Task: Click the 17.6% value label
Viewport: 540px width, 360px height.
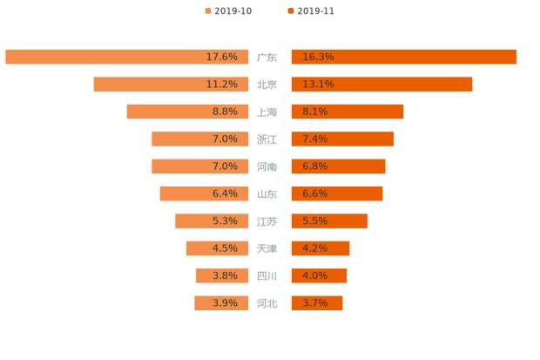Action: pyautogui.click(x=222, y=57)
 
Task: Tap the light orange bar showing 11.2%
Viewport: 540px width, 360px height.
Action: pyautogui.click(x=171, y=85)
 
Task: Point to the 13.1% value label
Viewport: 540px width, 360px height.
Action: pyautogui.click(x=318, y=85)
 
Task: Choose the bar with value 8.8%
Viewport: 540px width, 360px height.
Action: pyautogui.click(x=187, y=112)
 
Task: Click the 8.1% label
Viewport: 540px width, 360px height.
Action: pyautogui.click(x=314, y=112)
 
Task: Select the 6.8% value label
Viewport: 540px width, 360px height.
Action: pyautogui.click(x=314, y=166)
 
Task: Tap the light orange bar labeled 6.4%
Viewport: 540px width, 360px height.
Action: pyautogui.click(x=204, y=194)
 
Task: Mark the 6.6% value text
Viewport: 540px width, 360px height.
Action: pyautogui.click(x=314, y=194)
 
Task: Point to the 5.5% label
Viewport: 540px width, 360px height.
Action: pyautogui.click(x=314, y=221)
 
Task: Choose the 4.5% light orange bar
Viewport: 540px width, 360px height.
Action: pyautogui.click(x=217, y=248)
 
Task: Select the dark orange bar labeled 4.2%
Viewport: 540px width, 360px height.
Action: pyautogui.click(x=320, y=248)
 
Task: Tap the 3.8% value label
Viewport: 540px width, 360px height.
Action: pyautogui.click(x=225, y=275)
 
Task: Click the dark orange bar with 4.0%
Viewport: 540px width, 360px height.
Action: pyautogui.click(x=319, y=275)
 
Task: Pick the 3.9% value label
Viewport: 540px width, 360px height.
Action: pyautogui.click(x=225, y=303)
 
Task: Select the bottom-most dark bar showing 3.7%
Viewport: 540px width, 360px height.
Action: pyautogui.click(x=316, y=303)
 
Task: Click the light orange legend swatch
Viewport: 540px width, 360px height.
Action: pyautogui.click(x=207, y=11)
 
